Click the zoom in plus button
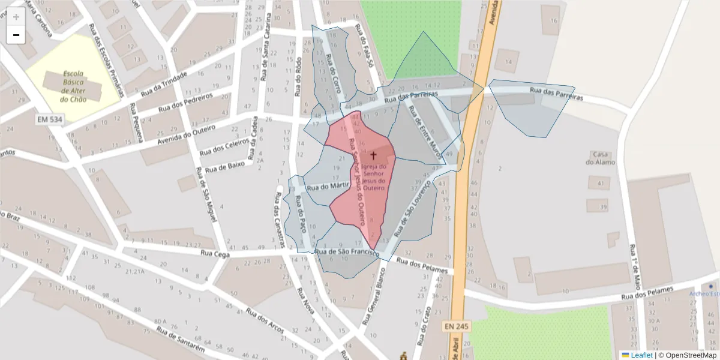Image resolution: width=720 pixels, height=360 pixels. [16, 17]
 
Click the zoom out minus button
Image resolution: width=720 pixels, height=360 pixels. [16, 35]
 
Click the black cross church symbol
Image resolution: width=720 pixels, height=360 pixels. [373, 155]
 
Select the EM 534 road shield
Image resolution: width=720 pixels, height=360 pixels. [49, 119]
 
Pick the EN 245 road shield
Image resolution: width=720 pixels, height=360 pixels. [457, 326]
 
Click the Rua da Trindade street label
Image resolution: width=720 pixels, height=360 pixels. [164, 84]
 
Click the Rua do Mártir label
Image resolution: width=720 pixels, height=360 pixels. [328, 187]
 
